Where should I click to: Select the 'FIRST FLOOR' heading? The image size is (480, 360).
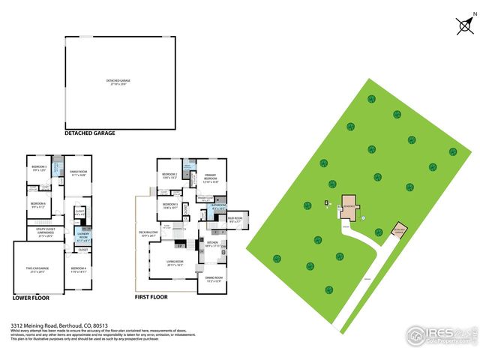pyautogui.click(x=151, y=297)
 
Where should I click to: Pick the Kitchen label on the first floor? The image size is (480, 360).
pyautogui.click(x=213, y=244)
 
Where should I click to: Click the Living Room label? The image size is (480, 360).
pyautogui.click(x=175, y=263)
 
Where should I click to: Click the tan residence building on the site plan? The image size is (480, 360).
pyautogui.click(x=349, y=205)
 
